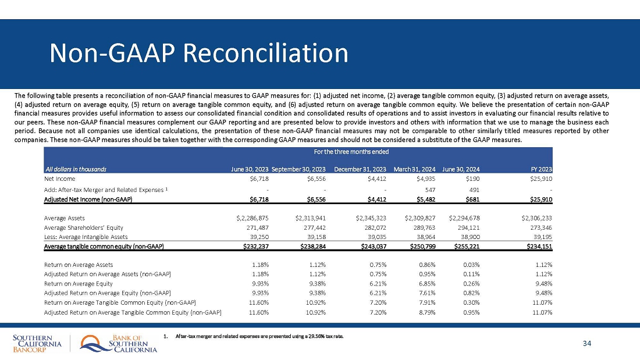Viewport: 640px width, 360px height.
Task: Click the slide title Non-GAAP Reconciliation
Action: click(199, 54)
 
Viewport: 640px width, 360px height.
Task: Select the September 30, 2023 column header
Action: click(298, 169)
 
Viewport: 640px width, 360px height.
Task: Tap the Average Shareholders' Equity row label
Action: click(84, 227)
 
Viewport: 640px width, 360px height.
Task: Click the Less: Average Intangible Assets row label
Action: click(86, 237)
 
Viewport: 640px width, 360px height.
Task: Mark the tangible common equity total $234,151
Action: click(535, 246)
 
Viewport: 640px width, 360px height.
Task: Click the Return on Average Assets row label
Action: click(79, 265)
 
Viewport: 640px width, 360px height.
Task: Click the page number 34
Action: click(586, 344)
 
